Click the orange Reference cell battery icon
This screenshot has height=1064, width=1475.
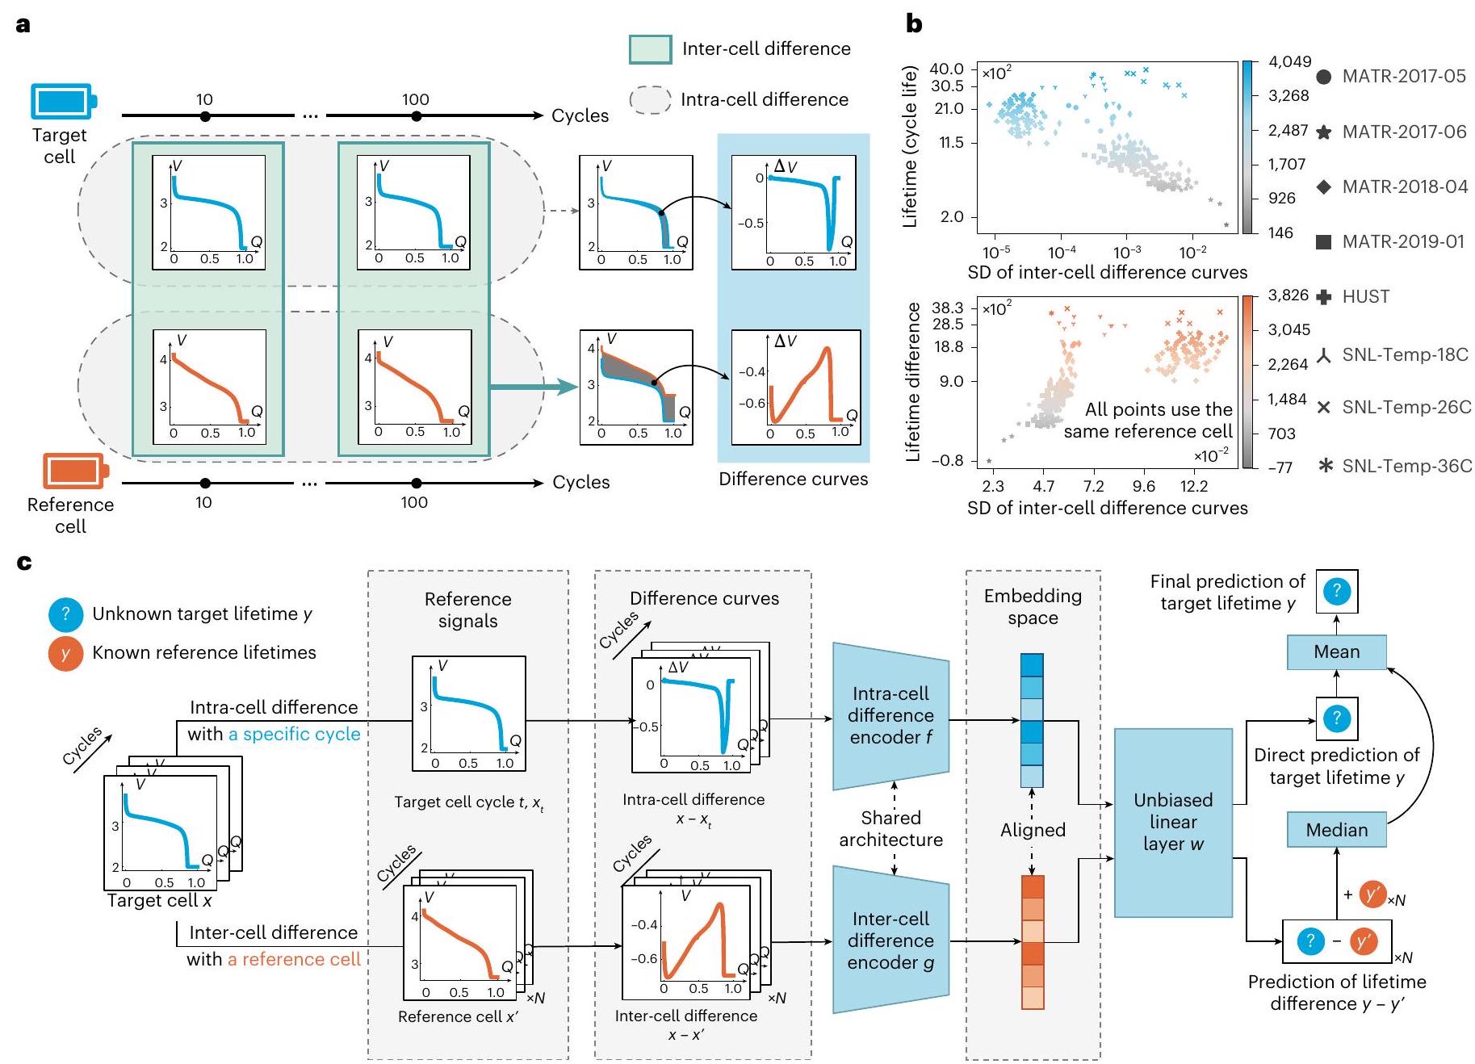click(x=75, y=471)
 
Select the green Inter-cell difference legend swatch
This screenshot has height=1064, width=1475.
click(x=650, y=49)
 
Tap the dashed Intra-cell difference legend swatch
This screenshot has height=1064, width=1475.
click(x=650, y=100)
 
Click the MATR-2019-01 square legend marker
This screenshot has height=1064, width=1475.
click(x=1323, y=241)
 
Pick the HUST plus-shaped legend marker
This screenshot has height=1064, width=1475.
click(x=1323, y=297)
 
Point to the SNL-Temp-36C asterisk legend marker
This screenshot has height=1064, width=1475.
click(x=1324, y=466)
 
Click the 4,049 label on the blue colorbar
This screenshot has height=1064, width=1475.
click(x=1289, y=61)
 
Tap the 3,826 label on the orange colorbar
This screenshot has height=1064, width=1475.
click(x=1288, y=295)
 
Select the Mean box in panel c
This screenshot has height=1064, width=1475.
click(x=1336, y=651)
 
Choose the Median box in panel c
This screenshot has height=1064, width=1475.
click(x=1336, y=830)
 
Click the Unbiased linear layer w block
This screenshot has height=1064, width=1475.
click(x=1173, y=822)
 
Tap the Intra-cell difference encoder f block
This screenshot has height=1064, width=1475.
click(x=890, y=715)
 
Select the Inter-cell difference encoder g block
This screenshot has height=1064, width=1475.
click(x=890, y=940)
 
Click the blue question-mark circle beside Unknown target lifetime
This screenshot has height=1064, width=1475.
click(x=65, y=614)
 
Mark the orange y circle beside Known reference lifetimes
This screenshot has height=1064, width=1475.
click(x=65, y=653)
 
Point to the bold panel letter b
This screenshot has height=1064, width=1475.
click(x=914, y=24)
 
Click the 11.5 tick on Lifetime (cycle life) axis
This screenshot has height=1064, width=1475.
click(x=952, y=143)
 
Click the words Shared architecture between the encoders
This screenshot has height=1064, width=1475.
click(x=890, y=829)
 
